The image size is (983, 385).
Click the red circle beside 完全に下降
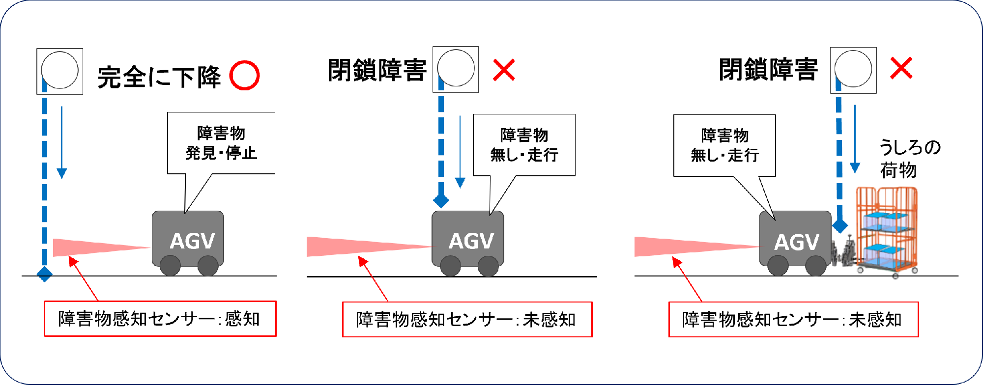pos(244,76)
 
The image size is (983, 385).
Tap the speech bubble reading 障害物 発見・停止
pos(221,143)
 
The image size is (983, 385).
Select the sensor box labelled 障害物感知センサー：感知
pos(160,319)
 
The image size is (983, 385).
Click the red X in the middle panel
pos(504,70)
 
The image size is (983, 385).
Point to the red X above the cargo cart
pos(901,68)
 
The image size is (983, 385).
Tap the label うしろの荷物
pos(909,159)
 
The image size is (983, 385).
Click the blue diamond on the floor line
pos(45,274)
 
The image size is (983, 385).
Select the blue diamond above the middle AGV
pos(441,200)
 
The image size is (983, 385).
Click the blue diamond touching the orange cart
pos(840,226)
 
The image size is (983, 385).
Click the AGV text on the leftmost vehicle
pos(192,241)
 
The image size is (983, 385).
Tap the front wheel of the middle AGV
pos(450,266)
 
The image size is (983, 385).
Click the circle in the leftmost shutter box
pos(60,70)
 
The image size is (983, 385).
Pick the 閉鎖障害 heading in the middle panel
pos(377,70)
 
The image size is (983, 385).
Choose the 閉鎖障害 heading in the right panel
pos(768,69)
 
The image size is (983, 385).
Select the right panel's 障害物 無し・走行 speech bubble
pos(724,145)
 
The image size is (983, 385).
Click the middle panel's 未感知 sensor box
pos(467,320)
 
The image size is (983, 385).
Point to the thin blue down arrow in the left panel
pos(61,142)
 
